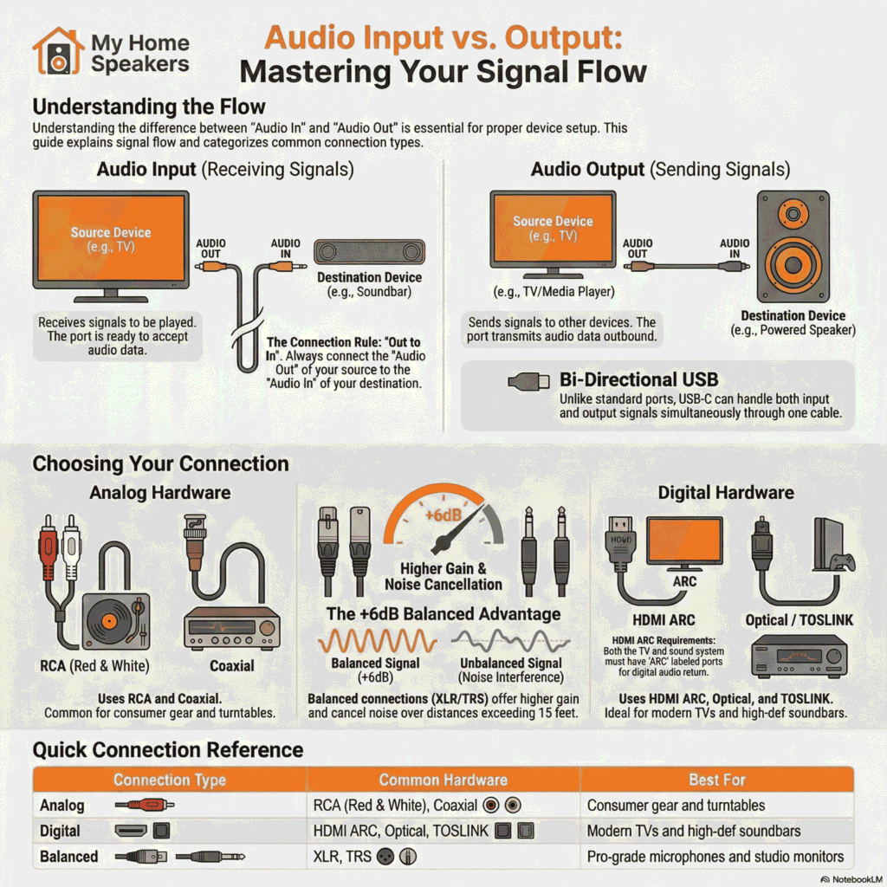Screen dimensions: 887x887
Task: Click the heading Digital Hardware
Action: tap(726, 493)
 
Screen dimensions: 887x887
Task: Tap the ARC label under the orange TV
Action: tap(684, 580)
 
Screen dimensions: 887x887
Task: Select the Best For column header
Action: tap(717, 780)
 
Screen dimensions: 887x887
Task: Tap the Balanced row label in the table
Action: tap(69, 856)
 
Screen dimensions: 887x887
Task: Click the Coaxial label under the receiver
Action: tap(231, 666)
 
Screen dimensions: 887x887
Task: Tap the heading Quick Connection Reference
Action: tap(168, 749)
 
